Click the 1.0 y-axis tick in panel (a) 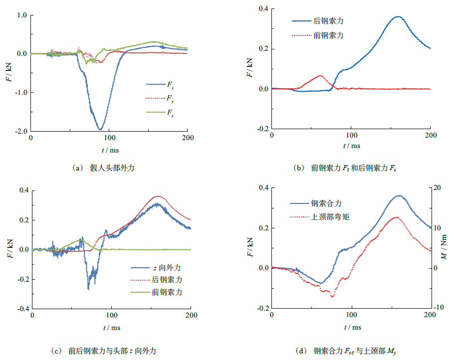(x=21, y=15)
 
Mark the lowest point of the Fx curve (x=100, y=130)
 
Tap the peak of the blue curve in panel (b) (x=398, y=16)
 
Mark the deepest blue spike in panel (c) (x=88, y=289)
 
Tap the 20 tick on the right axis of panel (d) (x=438, y=187)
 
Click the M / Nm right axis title (x=445, y=248)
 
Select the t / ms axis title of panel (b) (x=351, y=146)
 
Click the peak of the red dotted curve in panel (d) (x=397, y=217)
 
